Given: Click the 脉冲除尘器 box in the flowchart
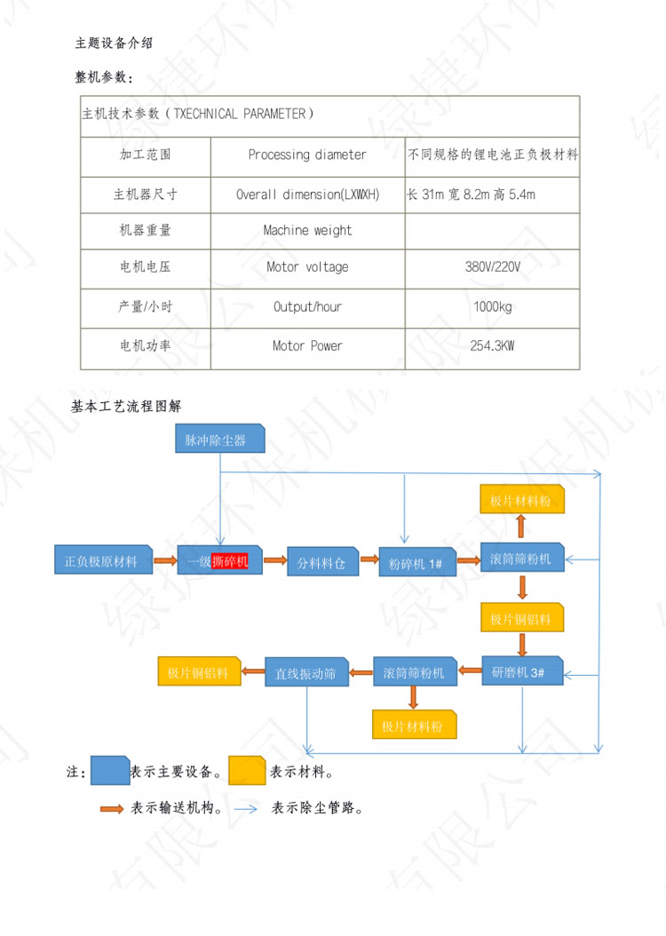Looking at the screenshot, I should tap(220, 440).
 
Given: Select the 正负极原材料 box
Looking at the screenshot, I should tap(101, 560).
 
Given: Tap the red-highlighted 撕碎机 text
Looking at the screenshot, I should tap(230, 560).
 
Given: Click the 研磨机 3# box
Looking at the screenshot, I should tap(522, 672).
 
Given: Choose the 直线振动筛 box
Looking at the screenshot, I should tap(305, 674).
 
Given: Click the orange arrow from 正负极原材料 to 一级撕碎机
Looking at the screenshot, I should tap(164, 560).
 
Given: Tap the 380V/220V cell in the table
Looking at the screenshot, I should tap(492, 266).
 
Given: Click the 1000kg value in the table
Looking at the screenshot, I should tap(492, 306).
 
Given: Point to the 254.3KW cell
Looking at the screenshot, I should tap(492, 345).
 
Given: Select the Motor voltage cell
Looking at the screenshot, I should tap(307, 266).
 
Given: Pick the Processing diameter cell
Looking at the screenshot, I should tap(307, 155).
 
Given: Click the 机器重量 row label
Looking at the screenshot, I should tap(145, 230).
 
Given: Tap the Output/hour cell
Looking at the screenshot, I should tap(307, 306).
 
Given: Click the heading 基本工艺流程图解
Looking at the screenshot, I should tap(126, 407).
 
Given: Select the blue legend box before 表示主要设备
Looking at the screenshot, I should tap(110, 770).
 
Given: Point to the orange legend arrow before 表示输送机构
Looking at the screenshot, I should tap(112, 809).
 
